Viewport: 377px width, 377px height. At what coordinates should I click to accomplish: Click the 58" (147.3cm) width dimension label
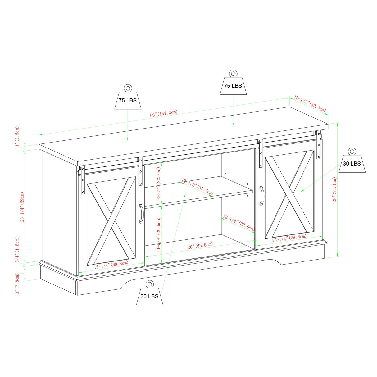click(x=164, y=114)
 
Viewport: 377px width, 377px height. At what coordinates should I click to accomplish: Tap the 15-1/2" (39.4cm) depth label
click(x=310, y=104)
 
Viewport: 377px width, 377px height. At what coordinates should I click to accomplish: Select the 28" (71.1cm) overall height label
click(x=334, y=189)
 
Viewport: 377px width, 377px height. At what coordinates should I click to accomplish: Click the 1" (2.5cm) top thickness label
click(x=17, y=137)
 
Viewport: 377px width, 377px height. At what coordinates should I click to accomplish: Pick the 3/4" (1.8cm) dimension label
click(x=17, y=250)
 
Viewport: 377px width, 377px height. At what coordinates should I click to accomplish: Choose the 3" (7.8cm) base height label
click(x=17, y=283)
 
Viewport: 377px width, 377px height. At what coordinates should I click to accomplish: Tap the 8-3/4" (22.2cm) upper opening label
click(x=159, y=183)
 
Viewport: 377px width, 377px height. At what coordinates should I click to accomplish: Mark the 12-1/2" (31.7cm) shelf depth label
click(x=197, y=186)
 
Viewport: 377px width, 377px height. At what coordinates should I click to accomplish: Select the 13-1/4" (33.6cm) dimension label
click(x=238, y=223)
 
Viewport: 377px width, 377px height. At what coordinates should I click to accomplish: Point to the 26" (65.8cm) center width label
click(x=200, y=246)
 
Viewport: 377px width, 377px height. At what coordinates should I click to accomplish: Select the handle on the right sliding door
click(x=261, y=196)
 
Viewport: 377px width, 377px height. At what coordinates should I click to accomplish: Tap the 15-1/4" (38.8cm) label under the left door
click(x=111, y=265)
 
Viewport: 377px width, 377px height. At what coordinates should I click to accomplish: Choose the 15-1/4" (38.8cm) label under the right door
click(x=289, y=238)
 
